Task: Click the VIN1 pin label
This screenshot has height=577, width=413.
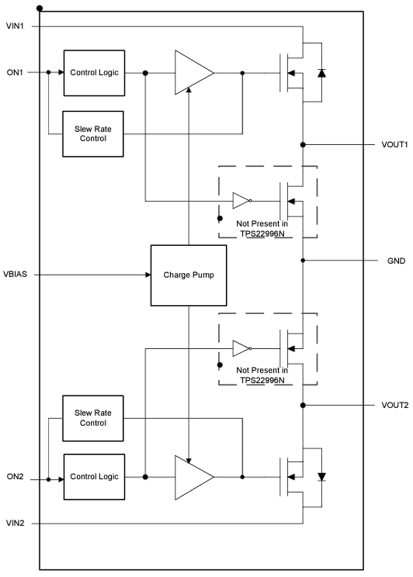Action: click(x=14, y=25)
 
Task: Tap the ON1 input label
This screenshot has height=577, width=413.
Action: click(x=14, y=72)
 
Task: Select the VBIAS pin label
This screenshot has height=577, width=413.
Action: click(x=16, y=274)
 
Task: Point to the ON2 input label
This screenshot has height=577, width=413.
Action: click(x=14, y=477)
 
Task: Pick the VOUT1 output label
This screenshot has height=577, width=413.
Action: click(x=395, y=144)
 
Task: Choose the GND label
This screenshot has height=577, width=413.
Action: click(x=396, y=260)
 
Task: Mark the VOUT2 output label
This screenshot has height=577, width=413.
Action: click(x=395, y=405)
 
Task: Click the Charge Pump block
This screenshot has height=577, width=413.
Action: click(x=188, y=275)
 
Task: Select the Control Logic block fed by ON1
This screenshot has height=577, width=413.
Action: click(x=94, y=73)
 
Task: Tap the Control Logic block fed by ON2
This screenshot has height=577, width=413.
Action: click(x=94, y=477)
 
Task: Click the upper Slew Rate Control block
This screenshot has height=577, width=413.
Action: click(x=93, y=134)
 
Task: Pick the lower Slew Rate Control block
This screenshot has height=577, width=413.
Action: click(x=93, y=418)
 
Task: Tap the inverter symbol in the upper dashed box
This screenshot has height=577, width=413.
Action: click(x=241, y=200)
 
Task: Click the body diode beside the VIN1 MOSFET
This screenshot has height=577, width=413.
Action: click(x=321, y=73)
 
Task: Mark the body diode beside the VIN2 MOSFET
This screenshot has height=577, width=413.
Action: click(x=321, y=477)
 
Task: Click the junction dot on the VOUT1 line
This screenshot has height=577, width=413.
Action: click(x=303, y=144)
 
